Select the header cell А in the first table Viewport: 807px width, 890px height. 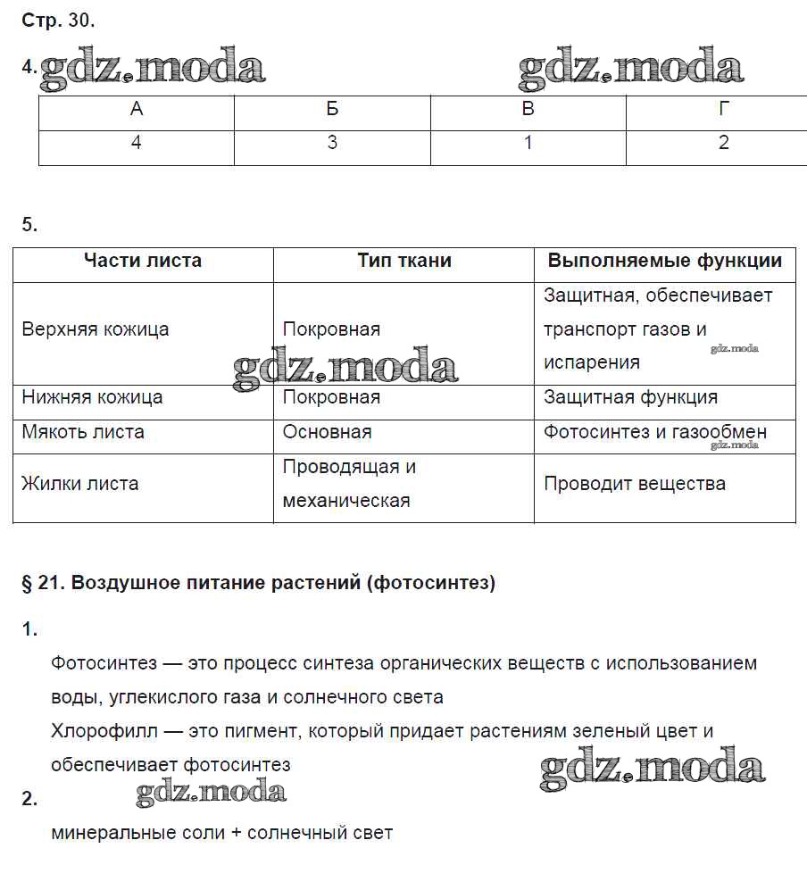136,109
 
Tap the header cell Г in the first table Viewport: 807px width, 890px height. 724,109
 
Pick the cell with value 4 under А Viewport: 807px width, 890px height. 136,143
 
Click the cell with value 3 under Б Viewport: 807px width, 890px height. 332,143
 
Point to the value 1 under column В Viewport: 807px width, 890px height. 528,143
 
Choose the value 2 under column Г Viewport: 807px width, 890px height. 724,143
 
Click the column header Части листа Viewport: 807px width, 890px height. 143,261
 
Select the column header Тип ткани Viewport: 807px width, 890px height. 404,261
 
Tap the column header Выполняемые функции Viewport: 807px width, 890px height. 665,261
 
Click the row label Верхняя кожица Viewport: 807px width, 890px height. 96,329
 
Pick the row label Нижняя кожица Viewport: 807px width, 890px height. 92,397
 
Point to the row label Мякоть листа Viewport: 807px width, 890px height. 83,432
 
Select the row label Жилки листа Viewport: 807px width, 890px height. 80,484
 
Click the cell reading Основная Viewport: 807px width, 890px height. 327,432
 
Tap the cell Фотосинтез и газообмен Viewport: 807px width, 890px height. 655,432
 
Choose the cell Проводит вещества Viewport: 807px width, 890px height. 635,484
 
